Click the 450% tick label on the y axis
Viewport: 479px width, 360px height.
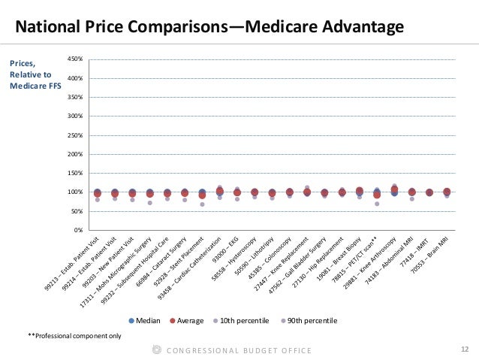(x=76, y=59)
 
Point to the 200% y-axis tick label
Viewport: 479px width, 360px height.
(x=76, y=154)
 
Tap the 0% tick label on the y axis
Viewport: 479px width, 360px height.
(x=78, y=230)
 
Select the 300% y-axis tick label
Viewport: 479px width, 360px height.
(x=76, y=116)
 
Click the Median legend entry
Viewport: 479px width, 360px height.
(x=148, y=320)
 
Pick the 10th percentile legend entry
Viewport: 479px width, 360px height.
(x=239, y=320)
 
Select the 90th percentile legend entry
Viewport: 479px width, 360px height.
(x=308, y=320)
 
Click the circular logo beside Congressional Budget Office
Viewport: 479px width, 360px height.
(x=157, y=349)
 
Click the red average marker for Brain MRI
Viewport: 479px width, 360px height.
(x=447, y=192)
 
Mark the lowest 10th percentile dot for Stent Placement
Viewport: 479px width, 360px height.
(x=202, y=204)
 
